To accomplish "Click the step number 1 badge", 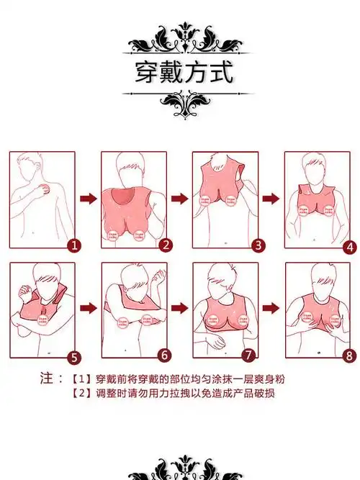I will coord(74,245).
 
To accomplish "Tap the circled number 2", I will coord(166,245).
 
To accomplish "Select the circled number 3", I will coord(258,245).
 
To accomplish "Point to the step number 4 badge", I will coord(351,247).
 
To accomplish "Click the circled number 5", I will coord(73,356).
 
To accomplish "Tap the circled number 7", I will coord(248,355).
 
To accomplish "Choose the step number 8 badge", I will coord(350,356).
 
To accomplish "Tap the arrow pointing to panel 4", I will coord(270,198).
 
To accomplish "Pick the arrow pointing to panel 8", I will coord(270,308).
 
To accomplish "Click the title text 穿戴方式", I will coord(184,73).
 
